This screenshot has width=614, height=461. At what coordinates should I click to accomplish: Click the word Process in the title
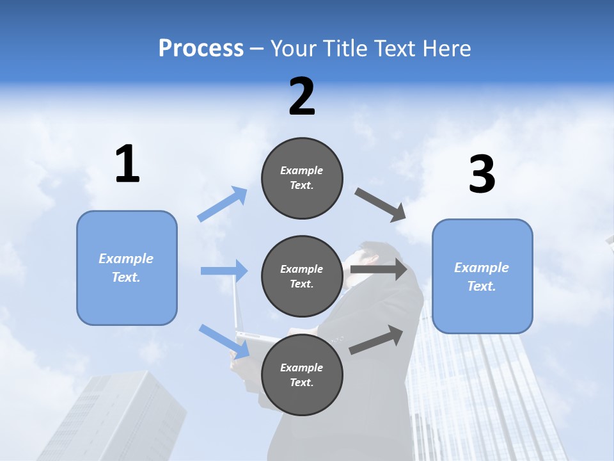coord(201,48)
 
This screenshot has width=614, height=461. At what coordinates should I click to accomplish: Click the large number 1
coord(127,163)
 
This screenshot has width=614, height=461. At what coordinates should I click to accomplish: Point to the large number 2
coord(302,97)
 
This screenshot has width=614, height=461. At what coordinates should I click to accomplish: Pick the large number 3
coord(482,174)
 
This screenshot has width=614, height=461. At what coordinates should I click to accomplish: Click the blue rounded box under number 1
coord(127,268)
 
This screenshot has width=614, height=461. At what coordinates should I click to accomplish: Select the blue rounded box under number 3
coord(482,277)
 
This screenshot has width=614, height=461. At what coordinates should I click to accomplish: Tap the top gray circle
coord(302,178)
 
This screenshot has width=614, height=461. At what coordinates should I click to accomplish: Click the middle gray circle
coord(302,277)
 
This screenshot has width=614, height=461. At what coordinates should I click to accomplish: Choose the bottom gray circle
coord(302,375)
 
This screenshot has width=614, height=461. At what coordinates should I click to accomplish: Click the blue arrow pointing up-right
coord(223,204)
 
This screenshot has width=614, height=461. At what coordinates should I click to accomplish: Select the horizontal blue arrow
coord(224,270)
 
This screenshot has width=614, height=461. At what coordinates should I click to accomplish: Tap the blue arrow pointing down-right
coord(224,341)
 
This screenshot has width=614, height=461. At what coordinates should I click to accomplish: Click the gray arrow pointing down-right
coord(380,205)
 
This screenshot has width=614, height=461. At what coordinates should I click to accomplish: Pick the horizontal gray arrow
coord(379,269)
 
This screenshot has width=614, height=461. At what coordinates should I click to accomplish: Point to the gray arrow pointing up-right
coord(376,340)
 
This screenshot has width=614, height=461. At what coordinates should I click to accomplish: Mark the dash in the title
coord(257,50)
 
